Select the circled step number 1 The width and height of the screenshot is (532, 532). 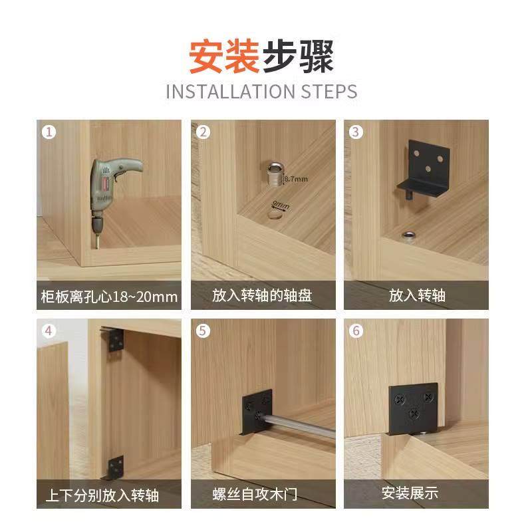pyautogui.click(x=48, y=132)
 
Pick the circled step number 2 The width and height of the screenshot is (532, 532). pyautogui.click(x=203, y=132)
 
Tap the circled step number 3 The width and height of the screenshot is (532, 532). pyautogui.click(x=356, y=132)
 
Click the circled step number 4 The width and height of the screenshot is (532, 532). pyautogui.click(x=48, y=331)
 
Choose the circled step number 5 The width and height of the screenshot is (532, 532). pyautogui.click(x=203, y=331)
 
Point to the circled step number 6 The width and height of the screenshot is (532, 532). pyautogui.click(x=356, y=331)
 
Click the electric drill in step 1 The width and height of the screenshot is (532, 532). pyautogui.click(x=110, y=190)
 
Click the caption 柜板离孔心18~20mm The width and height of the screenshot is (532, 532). pyautogui.click(x=108, y=296)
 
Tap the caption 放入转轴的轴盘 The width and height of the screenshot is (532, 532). pyautogui.click(x=262, y=295)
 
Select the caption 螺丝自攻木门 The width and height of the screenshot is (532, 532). pyautogui.click(x=262, y=494)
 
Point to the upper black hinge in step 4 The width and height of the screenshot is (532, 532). pyautogui.click(x=116, y=340)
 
